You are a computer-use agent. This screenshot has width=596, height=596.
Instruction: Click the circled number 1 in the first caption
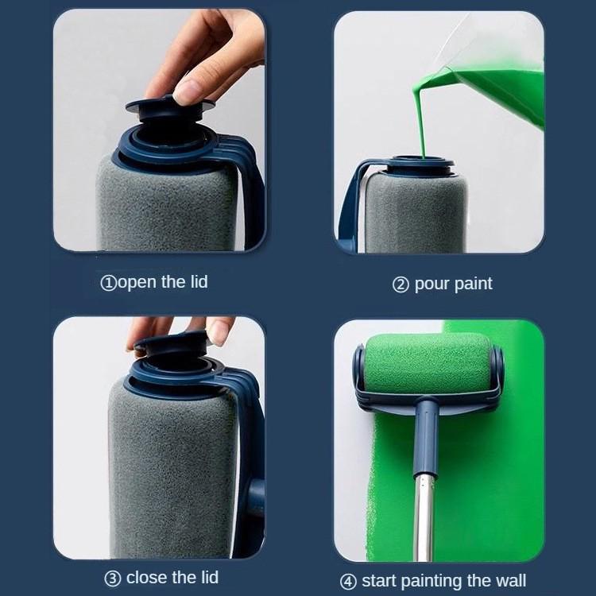point(108,283)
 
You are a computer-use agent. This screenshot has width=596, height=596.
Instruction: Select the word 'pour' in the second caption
point(432,284)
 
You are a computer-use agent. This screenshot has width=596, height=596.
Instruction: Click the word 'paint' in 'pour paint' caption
point(474,284)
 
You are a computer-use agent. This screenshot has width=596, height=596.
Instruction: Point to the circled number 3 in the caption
point(113,578)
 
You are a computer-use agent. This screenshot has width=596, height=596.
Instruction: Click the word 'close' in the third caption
point(149,577)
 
